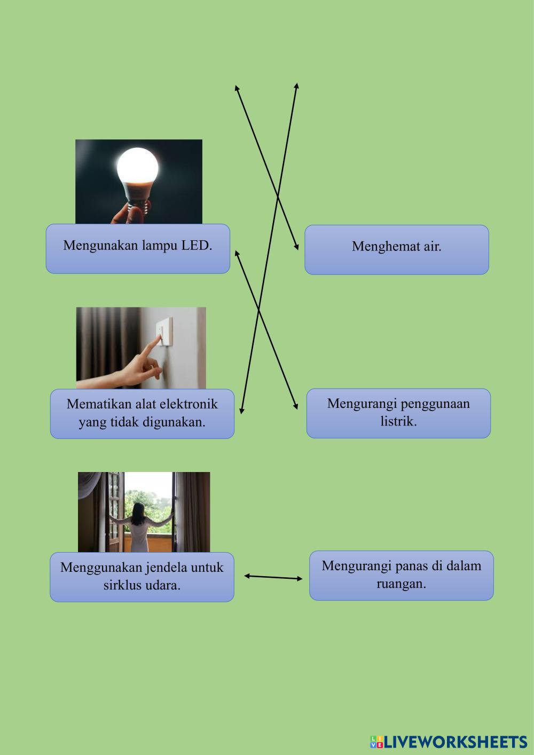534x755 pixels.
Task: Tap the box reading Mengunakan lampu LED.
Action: click(x=138, y=249)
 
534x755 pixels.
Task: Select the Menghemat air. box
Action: click(x=396, y=250)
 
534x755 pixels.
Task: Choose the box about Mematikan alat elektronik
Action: click(x=142, y=414)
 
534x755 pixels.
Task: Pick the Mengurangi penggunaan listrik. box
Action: click(x=398, y=413)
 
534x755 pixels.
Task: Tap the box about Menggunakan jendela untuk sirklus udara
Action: click(x=142, y=577)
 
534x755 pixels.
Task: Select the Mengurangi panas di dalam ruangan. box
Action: click(x=401, y=575)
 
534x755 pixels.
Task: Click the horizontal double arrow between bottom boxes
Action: click(x=273, y=577)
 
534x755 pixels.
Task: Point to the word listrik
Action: click(x=398, y=421)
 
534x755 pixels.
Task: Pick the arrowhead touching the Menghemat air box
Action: click(x=296, y=247)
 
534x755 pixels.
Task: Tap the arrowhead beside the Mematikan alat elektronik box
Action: click(x=241, y=410)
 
